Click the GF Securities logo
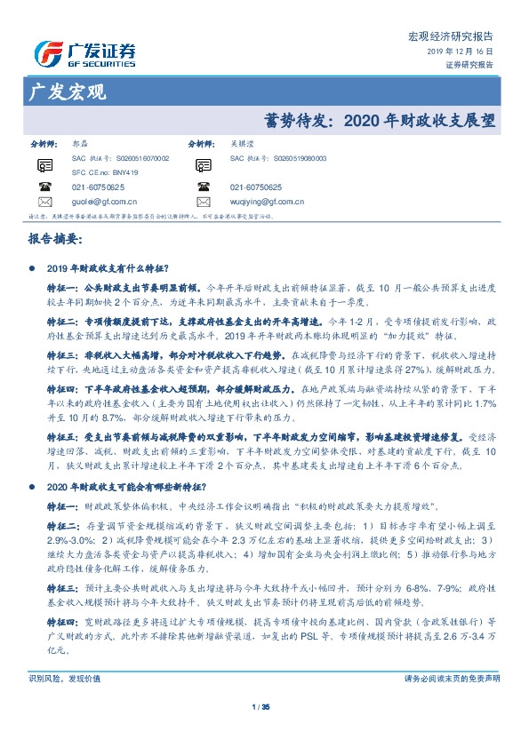84,52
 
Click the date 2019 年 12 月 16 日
464,52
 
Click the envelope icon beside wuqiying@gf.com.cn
204,202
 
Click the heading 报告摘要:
55,240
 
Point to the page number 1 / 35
264,706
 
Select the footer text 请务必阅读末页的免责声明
452,678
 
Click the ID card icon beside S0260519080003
204,163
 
